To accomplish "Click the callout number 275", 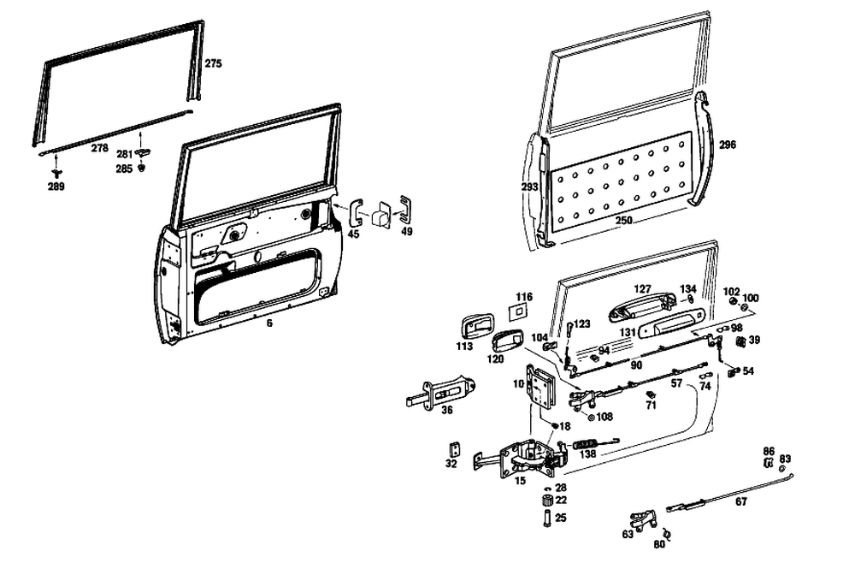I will click(x=213, y=64).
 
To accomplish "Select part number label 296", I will click(x=728, y=145).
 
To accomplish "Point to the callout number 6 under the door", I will click(x=268, y=323).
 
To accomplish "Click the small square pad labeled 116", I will click(x=519, y=312).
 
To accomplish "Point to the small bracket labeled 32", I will click(x=455, y=449).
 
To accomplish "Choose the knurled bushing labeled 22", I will click(x=546, y=501).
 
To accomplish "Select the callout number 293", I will click(x=529, y=186).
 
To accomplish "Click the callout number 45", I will click(x=353, y=234).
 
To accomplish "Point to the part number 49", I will click(x=406, y=232).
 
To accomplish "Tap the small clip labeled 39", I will click(x=740, y=341).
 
